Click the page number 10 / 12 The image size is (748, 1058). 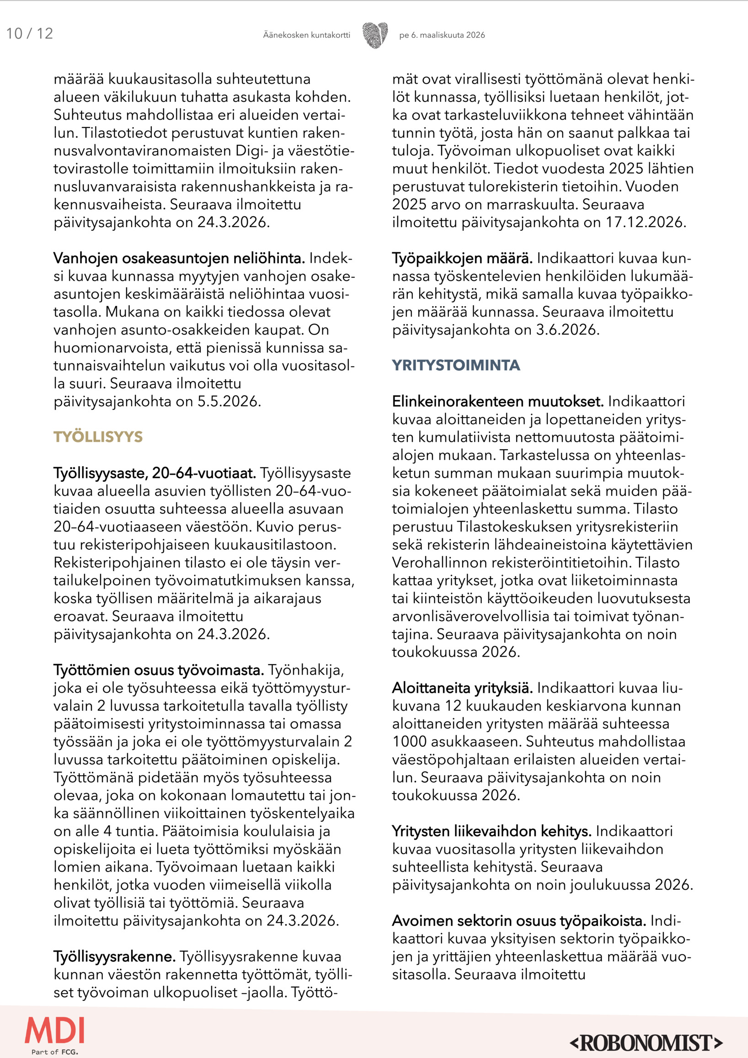(30, 34)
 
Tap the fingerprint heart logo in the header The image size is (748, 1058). (375, 35)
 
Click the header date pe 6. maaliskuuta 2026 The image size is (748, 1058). (442, 35)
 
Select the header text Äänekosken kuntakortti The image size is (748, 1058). (306, 35)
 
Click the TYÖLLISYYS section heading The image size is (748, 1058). (98, 437)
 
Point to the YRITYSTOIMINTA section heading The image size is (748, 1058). (456, 366)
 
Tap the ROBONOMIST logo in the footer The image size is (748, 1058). (646, 1042)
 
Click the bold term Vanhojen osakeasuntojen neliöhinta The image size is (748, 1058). (179, 259)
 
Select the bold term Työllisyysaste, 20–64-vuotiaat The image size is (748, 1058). (155, 473)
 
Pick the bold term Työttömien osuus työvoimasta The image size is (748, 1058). (159, 670)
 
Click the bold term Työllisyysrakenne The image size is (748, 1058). (114, 957)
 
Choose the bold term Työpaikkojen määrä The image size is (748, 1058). (462, 259)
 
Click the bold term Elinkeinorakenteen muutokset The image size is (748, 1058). (498, 402)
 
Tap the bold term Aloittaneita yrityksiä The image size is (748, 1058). (462, 688)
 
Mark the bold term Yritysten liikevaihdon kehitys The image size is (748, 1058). (492, 831)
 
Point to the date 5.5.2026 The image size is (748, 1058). (229, 402)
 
